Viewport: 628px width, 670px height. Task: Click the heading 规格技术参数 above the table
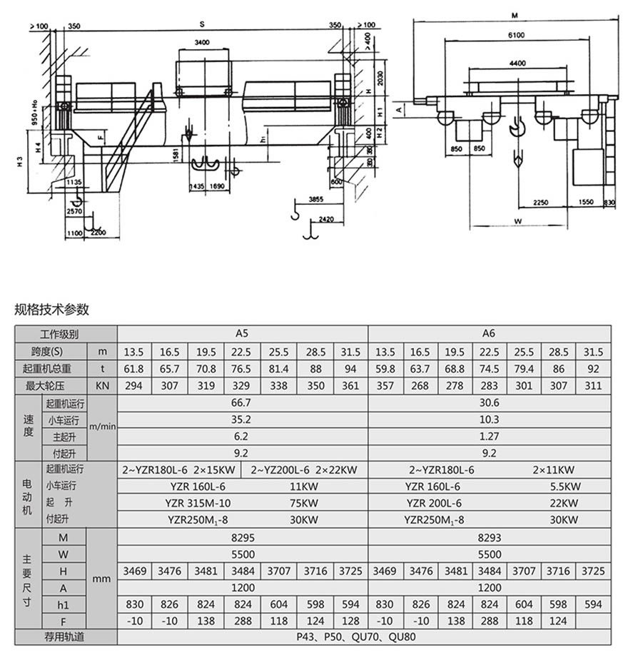[x=52, y=309]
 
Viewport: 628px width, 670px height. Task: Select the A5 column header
[x=243, y=333]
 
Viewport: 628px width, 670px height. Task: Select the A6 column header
[x=489, y=333]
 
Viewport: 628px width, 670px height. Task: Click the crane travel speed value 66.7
[x=243, y=403]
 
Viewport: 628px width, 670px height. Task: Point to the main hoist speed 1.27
[x=489, y=436]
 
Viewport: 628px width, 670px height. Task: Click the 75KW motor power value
[x=304, y=502]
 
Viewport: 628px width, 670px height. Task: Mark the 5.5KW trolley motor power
[x=564, y=486]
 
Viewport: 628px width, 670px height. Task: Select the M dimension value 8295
[x=243, y=537]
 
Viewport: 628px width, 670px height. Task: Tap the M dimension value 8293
[x=489, y=537]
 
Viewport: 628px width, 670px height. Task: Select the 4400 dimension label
[x=518, y=64]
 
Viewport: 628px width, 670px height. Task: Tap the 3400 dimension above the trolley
[x=202, y=43]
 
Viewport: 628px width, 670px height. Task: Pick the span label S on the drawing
[x=202, y=25]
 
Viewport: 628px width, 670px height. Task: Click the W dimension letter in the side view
[x=518, y=221]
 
